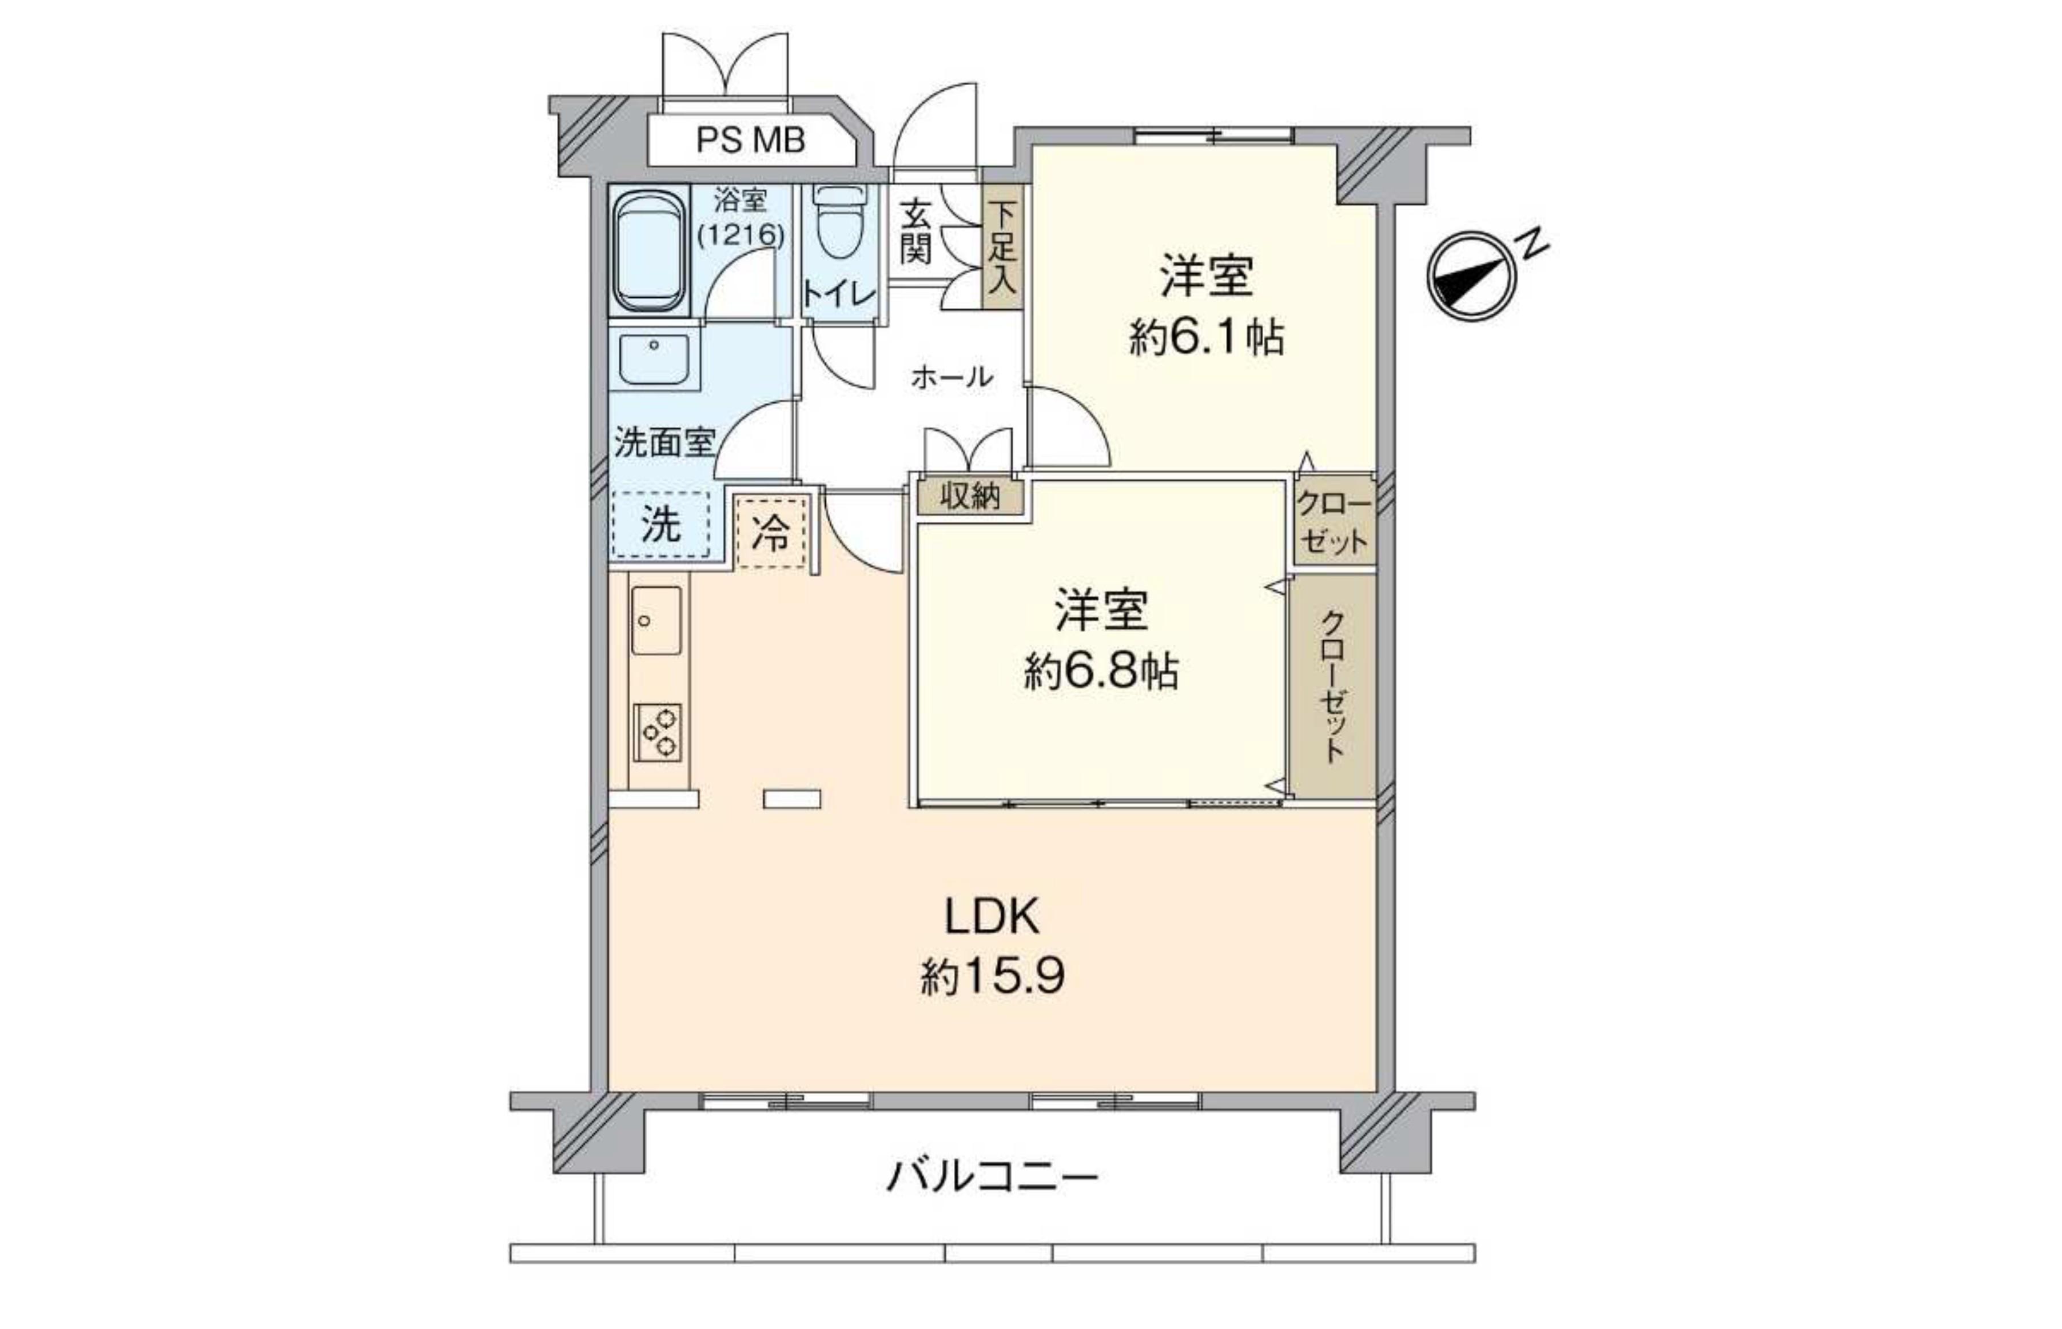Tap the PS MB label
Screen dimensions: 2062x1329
tap(750, 140)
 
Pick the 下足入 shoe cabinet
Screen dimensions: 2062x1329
tap(1002, 247)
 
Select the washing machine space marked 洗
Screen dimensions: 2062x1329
tap(660, 523)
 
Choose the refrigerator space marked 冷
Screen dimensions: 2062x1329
tap(770, 532)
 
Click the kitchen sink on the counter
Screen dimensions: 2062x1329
tap(656, 620)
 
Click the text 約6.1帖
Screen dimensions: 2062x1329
tap(1207, 337)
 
